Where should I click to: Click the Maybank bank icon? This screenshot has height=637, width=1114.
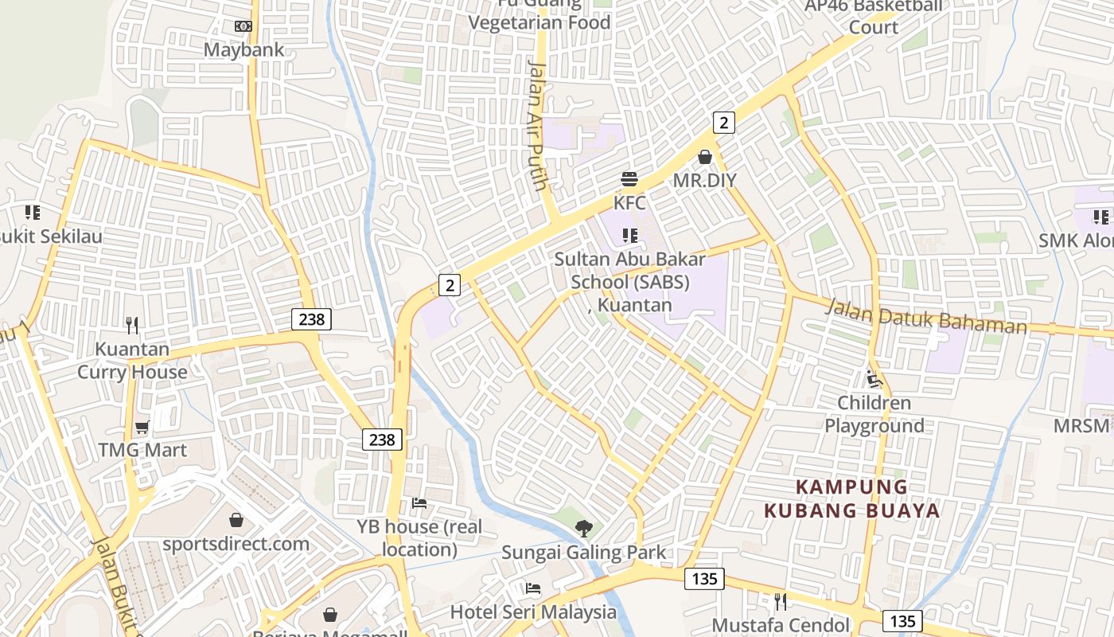(243, 26)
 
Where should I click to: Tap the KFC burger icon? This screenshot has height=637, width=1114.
(629, 179)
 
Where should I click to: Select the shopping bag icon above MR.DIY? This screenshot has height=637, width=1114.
(705, 157)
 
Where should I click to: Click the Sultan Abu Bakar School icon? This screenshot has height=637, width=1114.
(630, 235)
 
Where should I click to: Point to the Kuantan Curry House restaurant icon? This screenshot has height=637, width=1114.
(132, 325)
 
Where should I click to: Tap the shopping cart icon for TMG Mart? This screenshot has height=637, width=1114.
(142, 427)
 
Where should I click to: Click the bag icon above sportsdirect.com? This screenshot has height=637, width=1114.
(236, 520)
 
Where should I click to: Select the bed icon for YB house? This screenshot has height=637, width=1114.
(419, 503)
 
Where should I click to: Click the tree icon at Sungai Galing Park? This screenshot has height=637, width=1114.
(584, 528)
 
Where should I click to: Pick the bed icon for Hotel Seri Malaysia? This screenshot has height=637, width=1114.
(533, 588)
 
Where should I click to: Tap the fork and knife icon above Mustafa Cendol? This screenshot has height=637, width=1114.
(781, 601)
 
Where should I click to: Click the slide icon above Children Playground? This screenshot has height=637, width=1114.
(874, 379)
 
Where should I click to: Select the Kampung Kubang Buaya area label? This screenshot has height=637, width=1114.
(852, 498)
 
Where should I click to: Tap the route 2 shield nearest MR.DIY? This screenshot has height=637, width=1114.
(723, 123)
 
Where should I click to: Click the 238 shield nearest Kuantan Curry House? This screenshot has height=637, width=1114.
(311, 319)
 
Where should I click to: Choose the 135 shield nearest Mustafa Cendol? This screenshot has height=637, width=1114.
(902, 621)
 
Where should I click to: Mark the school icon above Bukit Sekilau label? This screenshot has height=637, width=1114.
(32, 213)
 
